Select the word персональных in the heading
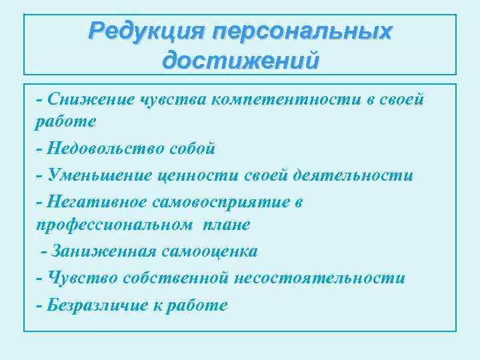click(301, 31)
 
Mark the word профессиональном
click(111, 225)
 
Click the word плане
click(228, 225)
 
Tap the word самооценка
click(207, 251)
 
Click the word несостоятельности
click(319, 278)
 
